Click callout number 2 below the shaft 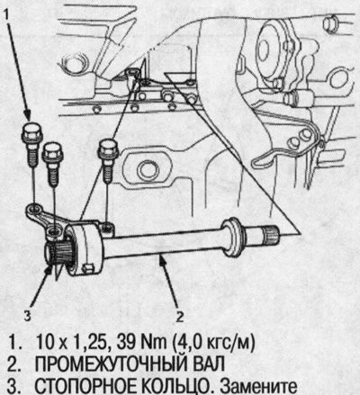point(179,317)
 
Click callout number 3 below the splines point(27,316)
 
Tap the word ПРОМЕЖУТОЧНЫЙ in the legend point(110,364)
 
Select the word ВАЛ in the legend point(208,364)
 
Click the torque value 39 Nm point(140,344)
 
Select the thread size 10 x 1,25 point(72,344)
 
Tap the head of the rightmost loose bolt point(108,149)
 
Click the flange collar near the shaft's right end point(232,237)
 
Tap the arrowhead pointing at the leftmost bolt point(28,115)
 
